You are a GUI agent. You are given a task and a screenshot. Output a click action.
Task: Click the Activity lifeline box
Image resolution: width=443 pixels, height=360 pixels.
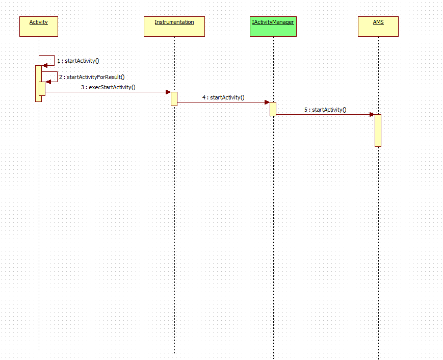(39, 27)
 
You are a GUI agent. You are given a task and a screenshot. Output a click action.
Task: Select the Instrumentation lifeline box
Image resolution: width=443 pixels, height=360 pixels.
(174, 27)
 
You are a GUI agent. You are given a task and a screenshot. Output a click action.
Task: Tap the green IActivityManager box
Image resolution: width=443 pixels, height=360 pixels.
(273, 27)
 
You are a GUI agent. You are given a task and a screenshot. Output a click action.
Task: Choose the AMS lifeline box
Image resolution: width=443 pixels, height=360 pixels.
(378, 27)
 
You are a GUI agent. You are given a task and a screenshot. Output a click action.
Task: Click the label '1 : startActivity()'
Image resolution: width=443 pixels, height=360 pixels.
(78, 61)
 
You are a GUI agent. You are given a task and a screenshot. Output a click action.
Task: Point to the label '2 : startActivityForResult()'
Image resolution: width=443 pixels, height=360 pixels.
(92, 77)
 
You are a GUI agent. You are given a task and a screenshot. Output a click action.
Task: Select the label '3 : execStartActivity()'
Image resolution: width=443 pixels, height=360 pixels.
(108, 87)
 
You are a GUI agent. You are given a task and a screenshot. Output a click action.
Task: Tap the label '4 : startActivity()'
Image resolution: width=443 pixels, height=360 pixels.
(223, 97)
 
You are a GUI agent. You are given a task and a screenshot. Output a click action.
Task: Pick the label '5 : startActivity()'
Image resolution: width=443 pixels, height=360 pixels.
(325, 110)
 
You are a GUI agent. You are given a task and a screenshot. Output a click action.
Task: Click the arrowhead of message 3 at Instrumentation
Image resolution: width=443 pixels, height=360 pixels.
(168, 92)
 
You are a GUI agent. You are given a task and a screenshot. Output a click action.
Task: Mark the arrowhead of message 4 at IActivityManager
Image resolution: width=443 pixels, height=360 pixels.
(267, 102)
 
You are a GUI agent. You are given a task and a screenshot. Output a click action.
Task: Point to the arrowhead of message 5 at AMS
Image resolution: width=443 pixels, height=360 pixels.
(372, 115)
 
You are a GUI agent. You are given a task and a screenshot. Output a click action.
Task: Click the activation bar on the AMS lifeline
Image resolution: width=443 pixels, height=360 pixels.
(378, 131)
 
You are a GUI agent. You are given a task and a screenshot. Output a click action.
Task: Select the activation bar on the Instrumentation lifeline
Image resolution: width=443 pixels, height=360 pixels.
(174, 99)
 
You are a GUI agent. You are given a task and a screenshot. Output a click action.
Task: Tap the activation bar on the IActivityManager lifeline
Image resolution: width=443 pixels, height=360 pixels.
(273, 109)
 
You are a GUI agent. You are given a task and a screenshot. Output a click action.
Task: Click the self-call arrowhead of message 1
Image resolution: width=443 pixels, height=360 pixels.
(45, 65)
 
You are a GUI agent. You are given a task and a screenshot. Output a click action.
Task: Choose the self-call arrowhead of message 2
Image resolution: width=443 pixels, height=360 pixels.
(48, 82)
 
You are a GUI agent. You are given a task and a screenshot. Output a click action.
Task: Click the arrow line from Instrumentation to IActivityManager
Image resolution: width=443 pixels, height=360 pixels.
(223, 102)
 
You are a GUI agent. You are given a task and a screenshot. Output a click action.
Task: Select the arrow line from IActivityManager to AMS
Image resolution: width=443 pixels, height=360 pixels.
(325, 115)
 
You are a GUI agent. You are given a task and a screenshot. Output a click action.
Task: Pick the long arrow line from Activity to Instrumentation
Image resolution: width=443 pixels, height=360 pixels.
(107, 92)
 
